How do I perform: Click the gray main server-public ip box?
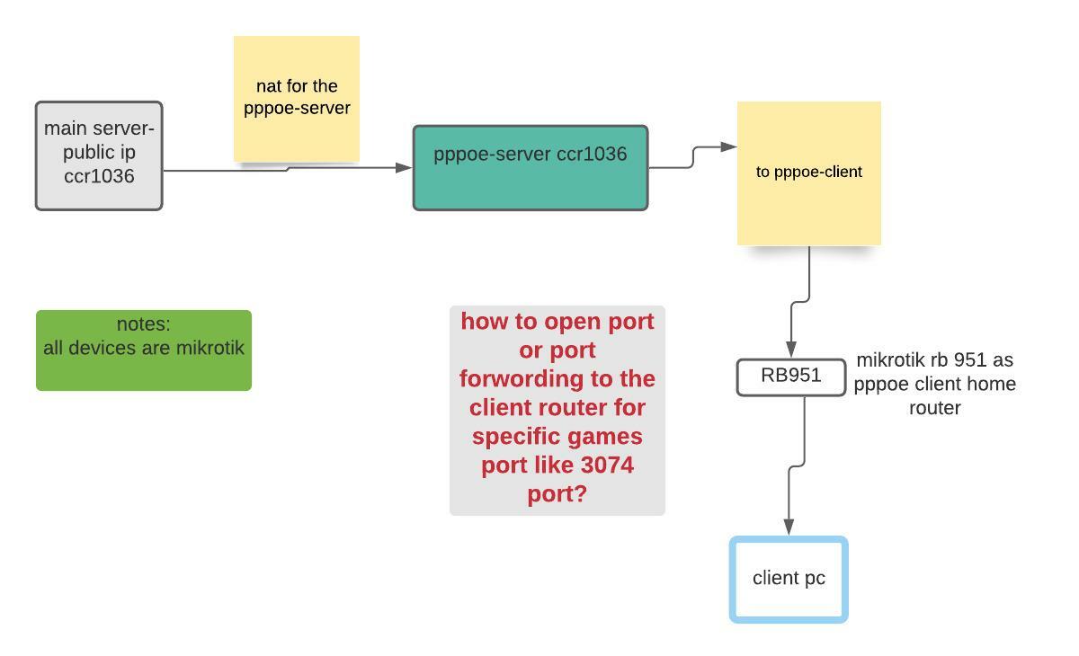[x=99, y=155]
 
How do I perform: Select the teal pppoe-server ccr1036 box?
[x=530, y=169]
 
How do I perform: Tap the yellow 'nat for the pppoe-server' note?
[x=296, y=98]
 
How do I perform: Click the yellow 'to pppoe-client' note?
[x=808, y=173]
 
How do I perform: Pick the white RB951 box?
[x=790, y=377]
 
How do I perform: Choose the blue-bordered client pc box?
[x=789, y=579]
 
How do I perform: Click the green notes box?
[x=143, y=350]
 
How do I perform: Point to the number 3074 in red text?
[x=605, y=465]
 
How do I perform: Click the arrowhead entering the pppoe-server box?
[x=404, y=167]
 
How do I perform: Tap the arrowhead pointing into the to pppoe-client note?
[x=728, y=146]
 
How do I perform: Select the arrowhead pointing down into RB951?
[x=791, y=350]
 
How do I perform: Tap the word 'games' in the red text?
[x=609, y=437]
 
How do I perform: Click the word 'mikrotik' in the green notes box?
[x=210, y=348]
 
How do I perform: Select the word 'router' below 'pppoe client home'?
[x=934, y=408]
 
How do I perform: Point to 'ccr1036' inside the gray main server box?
[x=99, y=176]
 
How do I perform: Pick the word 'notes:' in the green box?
[x=143, y=324]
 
